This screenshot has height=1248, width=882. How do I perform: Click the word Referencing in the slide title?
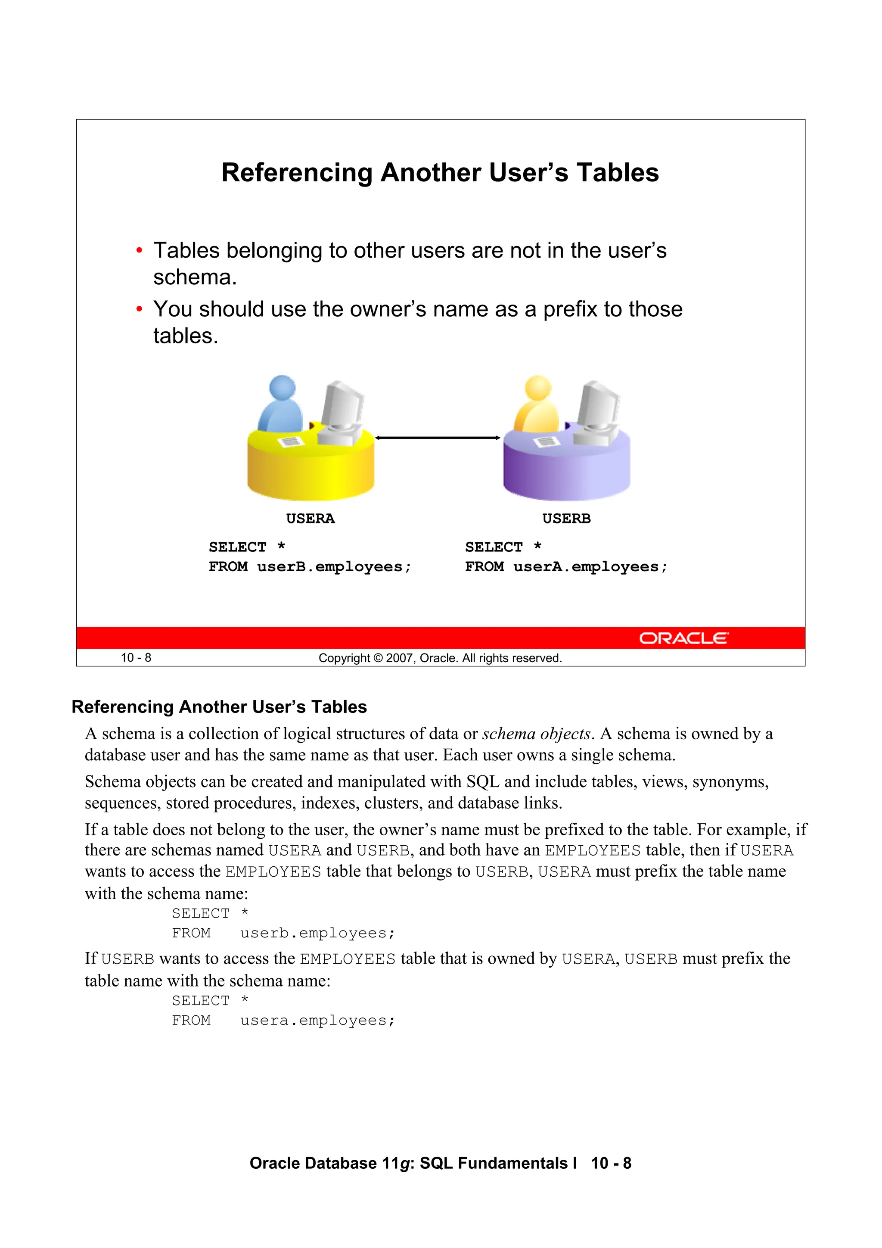[297, 173]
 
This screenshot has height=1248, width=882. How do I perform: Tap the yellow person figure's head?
[537, 388]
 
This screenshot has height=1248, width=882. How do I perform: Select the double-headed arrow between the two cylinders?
[438, 438]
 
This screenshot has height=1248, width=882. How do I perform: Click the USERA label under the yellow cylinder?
[311, 519]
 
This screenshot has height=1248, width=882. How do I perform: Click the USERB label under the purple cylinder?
[566, 519]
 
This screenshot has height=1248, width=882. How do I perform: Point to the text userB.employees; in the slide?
[334, 567]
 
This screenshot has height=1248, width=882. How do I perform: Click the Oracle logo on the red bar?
[683, 638]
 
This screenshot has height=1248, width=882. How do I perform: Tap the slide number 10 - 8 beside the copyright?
[136, 658]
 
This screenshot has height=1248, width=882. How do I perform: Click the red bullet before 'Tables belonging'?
[139, 251]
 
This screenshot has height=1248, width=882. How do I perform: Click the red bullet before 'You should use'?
[139, 310]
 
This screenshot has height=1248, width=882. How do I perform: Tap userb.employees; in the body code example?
[317, 933]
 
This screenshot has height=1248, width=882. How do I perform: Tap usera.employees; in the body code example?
[317, 1020]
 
